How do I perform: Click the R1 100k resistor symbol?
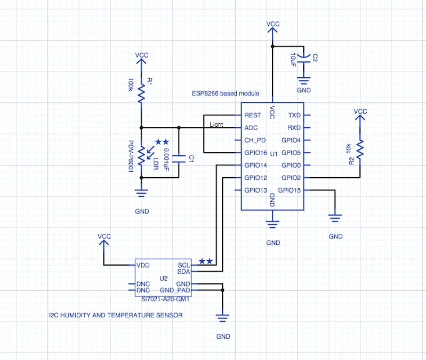141,92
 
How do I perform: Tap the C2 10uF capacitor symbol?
304,58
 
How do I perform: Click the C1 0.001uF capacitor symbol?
179,158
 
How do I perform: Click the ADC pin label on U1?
251,128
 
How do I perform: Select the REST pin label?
252,115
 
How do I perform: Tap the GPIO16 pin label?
255,153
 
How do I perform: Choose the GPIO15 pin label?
290,190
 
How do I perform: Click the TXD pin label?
294,115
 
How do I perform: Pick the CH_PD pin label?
255,141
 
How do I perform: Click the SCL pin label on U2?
183,265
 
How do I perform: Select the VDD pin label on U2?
143,265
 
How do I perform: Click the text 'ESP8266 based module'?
226,93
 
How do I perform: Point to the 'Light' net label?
216,125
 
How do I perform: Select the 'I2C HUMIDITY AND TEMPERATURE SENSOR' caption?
115,316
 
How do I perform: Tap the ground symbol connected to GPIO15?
335,217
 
